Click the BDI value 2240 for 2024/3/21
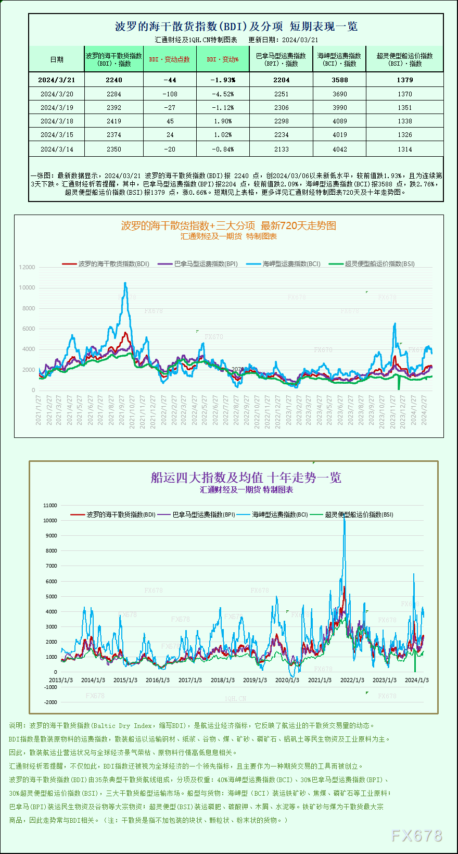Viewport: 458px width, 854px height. point(113,80)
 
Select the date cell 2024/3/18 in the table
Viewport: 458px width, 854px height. point(57,121)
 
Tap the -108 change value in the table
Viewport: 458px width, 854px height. point(170,94)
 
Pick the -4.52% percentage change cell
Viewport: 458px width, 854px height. point(223,94)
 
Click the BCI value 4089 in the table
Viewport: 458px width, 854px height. point(339,121)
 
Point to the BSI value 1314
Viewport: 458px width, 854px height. point(404,149)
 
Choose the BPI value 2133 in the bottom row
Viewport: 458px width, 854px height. point(281,149)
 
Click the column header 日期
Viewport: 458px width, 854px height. point(57,59)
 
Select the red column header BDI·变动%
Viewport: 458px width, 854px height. point(223,59)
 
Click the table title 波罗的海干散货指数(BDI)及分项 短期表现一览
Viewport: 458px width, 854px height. point(236,27)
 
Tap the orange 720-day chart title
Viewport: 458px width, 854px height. point(228,225)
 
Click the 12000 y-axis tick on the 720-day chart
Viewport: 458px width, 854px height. point(27,267)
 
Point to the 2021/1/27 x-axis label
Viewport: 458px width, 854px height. point(39,410)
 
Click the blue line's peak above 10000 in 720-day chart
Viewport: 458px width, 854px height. point(125,283)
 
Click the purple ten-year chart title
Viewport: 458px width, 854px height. point(246,478)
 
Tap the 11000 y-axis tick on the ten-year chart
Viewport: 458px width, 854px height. point(50,505)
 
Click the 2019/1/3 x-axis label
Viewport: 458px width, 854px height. point(255,680)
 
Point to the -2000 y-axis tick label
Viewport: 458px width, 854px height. point(50,702)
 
